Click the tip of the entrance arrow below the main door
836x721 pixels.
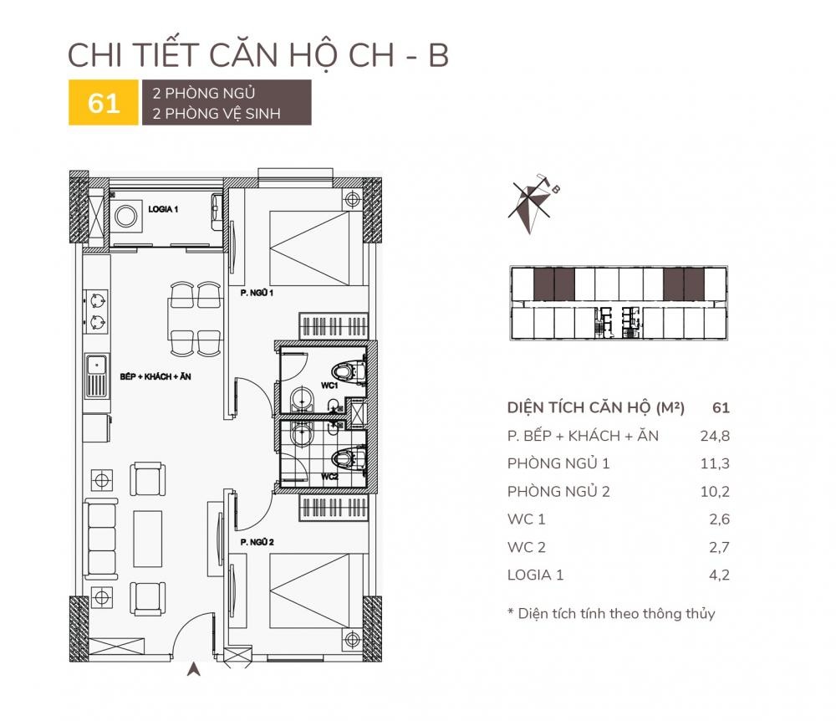pyautogui.click(x=194, y=663)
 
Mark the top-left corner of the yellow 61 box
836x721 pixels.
pyautogui.click(x=69, y=80)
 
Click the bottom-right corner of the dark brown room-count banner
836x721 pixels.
pyautogui.click(x=311, y=125)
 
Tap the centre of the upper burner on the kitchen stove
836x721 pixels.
pyautogui.click(x=97, y=301)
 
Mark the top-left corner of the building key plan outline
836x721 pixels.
pyautogui.click(x=510, y=266)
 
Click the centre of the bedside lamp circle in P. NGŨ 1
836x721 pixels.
pyautogui.click(x=351, y=200)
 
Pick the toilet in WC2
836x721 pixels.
pyautogui.click(x=348, y=458)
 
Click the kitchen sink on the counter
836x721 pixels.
pyautogui.click(x=96, y=376)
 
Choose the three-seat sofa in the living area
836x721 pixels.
pyautogui.click(x=100, y=539)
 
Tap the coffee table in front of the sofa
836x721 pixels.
pyautogui.click(x=148, y=539)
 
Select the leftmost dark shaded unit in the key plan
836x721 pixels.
pyautogui.click(x=543, y=284)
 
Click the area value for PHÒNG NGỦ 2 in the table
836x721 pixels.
pyautogui.click(x=715, y=492)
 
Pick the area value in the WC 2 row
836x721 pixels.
pyautogui.click(x=719, y=547)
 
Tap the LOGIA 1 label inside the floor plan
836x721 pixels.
pyautogui.click(x=163, y=210)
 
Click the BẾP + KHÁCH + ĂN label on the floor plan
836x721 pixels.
pyautogui.click(x=155, y=376)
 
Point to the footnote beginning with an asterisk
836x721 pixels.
pyautogui.click(x=611, y=614)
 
